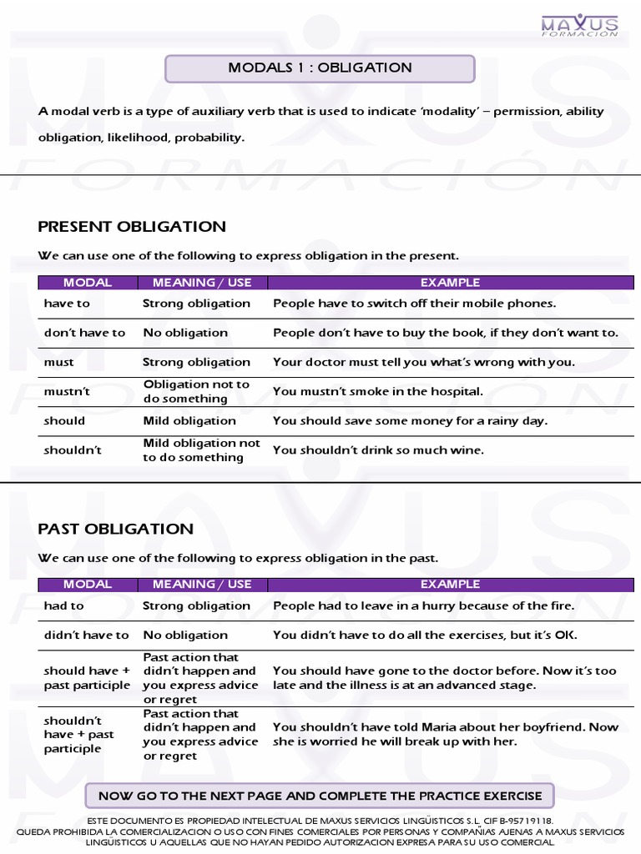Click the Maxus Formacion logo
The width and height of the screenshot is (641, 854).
point(579,25)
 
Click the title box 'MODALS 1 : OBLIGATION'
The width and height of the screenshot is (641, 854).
point(320,68)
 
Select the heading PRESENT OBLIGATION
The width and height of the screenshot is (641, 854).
point(132,227)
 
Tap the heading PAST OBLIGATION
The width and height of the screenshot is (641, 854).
point(116,529)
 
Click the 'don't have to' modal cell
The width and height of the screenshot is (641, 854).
point(84,333)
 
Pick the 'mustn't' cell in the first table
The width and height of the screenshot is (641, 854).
point(60,391)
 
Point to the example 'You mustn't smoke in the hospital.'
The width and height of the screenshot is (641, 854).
point(378,391)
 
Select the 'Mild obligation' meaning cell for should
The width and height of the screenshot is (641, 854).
point(189,421)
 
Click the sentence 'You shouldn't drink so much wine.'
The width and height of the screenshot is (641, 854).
point(378,450)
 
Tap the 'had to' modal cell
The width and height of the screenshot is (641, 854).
point(64,606)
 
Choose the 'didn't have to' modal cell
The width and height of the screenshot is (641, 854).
point(86,635)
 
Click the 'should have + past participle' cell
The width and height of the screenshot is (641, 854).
point(87,678)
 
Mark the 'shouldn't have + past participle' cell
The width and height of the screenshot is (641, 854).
point(78,735)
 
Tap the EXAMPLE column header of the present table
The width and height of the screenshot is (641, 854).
point(450,283)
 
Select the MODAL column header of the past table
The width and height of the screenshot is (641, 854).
point(87,585)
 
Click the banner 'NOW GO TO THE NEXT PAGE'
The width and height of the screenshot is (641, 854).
point(320,796)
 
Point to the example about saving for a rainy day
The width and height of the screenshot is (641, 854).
point(410,421)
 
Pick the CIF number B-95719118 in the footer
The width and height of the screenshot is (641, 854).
point(518,821)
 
